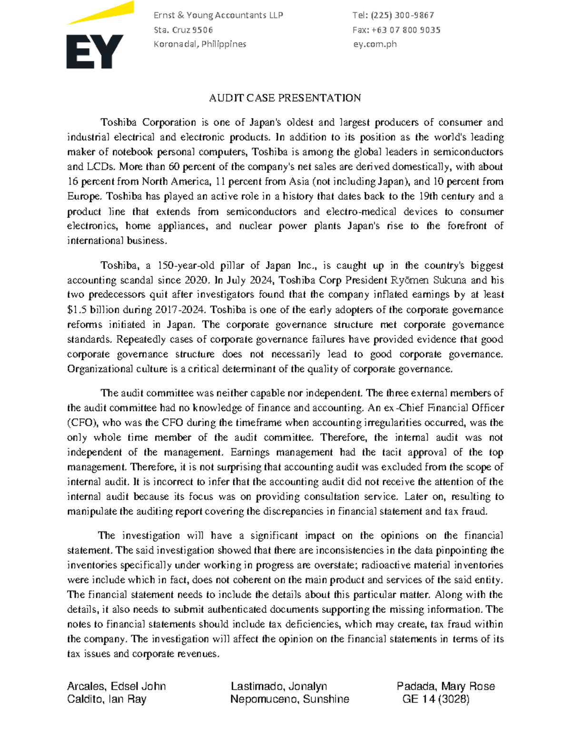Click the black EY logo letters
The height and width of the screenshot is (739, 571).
coord(94,51)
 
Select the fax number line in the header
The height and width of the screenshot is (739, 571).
coord(396,30)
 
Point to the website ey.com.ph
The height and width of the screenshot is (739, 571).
coord(375,44)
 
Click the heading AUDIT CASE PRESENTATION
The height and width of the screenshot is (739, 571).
coord(285,98)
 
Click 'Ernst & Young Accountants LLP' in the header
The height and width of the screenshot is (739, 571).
coord(218,15)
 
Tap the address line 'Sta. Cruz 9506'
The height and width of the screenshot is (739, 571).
coord(183,30)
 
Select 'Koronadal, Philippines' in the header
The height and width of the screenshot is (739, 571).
coord(200,44)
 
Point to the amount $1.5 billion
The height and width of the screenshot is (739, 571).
coord(94,310)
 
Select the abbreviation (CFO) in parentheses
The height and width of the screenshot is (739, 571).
coord(83,423)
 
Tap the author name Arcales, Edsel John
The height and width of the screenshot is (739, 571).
coord(117,686)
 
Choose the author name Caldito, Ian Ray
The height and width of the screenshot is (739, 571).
coord(107,699)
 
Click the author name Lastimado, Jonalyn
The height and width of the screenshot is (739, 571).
coord(279,686)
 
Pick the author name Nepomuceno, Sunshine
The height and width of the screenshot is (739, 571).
coord(290,699)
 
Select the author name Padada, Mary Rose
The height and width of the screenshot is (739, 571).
coord(445,686)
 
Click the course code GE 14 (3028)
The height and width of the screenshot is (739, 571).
coord(436,699)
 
